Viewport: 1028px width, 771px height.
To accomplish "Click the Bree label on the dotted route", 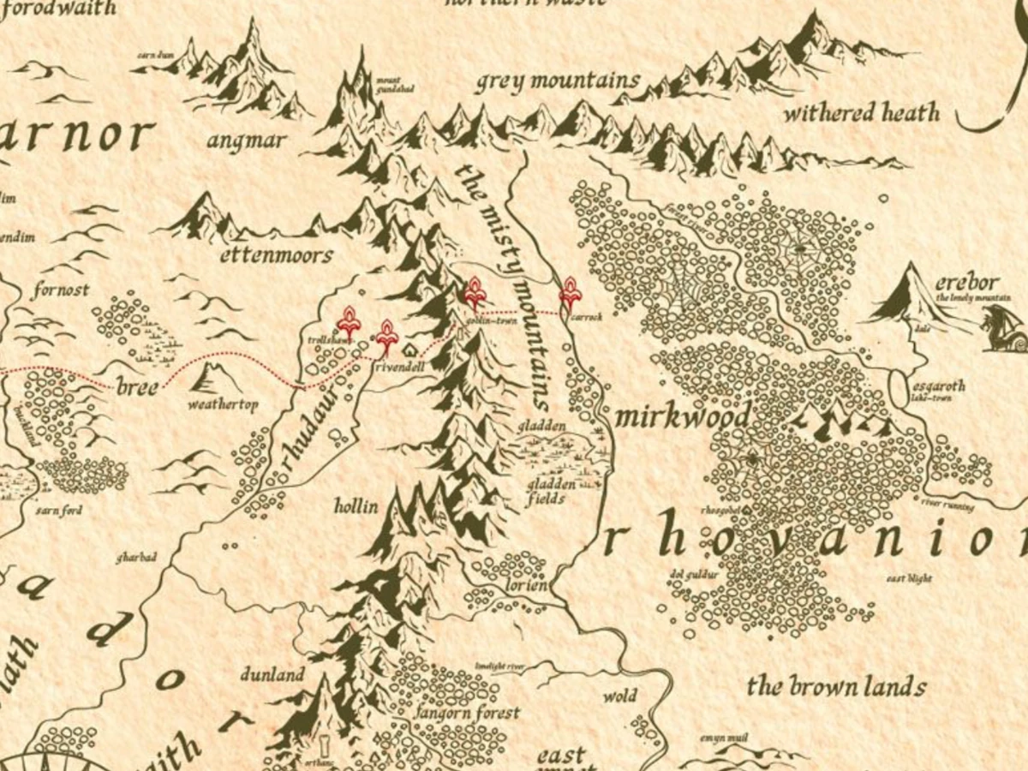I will [137, 386].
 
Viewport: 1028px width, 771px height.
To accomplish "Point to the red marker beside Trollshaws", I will [349, 322].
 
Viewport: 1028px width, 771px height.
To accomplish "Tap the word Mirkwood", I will [682, 417].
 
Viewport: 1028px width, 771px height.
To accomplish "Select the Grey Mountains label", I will [558, 82].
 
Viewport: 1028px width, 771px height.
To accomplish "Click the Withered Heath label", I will [862, 112].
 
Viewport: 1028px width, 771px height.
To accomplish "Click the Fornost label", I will [61, 290].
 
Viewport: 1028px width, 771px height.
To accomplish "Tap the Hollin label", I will [356, 506].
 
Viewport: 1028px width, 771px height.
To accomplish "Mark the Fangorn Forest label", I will [468, 713].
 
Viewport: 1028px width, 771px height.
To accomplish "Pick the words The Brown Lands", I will [836, 686].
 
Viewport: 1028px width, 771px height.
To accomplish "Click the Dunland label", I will [272, 675].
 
